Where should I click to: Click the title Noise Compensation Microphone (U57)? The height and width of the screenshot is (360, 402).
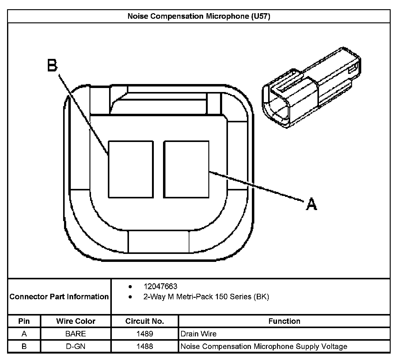[x=199, y=16]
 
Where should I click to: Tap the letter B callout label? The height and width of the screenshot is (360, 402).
[x=52, y=65]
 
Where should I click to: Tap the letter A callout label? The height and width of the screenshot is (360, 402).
[x=311, y=204]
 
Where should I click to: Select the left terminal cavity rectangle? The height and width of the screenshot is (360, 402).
[x=131, y=169]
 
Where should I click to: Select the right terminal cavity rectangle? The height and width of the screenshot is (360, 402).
[x=186, y=169]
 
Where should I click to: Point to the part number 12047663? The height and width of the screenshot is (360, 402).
[x=160, y=286]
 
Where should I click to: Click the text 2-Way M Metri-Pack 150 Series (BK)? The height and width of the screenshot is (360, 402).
[x=206, y=297]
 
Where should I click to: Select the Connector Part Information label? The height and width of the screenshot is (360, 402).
[x=59, y=297]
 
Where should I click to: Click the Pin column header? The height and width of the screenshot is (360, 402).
[x=24, y=321]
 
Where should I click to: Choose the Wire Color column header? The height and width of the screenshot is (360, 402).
[x=76, y=321]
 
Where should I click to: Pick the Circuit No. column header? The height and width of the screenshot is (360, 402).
[x=145, y=321]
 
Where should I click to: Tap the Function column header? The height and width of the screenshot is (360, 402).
[x=284, y=321]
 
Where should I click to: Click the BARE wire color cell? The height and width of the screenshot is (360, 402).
[x=76, y=334]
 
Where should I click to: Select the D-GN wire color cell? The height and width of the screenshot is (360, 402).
[x=76, y=347]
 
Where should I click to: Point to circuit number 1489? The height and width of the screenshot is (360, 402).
[x=145, y=334]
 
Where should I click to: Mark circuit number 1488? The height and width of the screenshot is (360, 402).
[x=145, y=347]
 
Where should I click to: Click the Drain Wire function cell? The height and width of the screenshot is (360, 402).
[x=199, y=334]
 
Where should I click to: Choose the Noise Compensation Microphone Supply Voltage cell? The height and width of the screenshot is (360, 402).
[x=264, y=347]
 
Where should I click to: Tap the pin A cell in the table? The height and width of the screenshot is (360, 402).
[x=24, y=334]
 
